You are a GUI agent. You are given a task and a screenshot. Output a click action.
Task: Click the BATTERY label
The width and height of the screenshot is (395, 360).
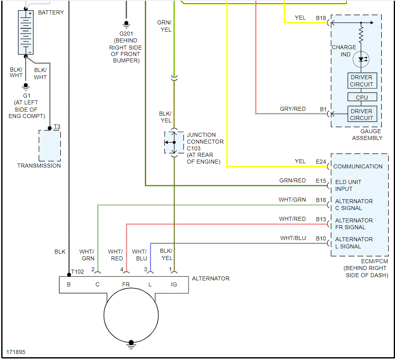click(51, 12)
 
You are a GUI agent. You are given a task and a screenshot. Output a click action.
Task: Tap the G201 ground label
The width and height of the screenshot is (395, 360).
click(126, 34)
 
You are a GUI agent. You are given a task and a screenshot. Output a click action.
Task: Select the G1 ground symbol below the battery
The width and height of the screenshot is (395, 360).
click(26, 86)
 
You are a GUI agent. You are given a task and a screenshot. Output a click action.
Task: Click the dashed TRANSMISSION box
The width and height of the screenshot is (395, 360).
click(50, 146)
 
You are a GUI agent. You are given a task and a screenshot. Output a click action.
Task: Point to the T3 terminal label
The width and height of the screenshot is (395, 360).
click(57, 127)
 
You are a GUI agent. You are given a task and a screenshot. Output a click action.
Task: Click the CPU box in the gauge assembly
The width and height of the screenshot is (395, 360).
click(361, 97)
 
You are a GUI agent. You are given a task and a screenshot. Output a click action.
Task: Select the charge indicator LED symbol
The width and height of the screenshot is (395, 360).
click(361, 59)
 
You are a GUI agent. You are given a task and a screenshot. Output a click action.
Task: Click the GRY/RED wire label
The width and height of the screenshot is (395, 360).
click(293, 109)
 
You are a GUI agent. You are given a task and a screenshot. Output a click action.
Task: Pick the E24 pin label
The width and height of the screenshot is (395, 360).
click(321, 162)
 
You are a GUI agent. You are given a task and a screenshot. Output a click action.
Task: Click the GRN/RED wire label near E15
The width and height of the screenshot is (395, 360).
click(293, 181)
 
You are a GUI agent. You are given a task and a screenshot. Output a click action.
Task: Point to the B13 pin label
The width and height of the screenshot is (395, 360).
click(321, 219)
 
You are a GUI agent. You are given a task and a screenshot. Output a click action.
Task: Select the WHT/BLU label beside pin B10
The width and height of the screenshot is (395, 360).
click(293, 238)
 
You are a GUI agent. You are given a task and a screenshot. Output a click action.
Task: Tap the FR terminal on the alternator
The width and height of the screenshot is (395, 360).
click(126, 284)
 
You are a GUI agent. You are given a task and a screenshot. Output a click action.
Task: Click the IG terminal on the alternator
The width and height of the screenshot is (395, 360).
click(174, 284)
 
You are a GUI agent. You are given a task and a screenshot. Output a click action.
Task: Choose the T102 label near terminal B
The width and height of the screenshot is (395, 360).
click(78, 272)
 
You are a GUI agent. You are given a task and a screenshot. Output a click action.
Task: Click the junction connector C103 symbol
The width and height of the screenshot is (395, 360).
click(174, 142)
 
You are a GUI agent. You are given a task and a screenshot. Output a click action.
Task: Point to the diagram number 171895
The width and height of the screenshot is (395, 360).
click(16, 352)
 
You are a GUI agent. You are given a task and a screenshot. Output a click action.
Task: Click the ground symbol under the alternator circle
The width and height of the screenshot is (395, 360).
click(130, 344)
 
